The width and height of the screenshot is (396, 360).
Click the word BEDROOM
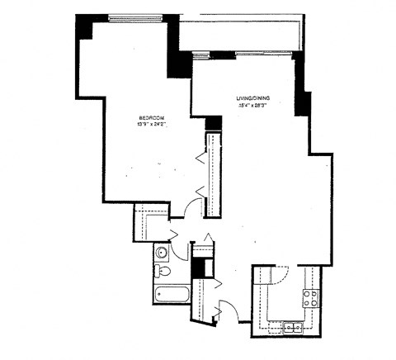tap(152, 119)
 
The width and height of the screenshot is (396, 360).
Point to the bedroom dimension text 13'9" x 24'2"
tap(152, 126)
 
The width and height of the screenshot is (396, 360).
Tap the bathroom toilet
tap(163, 271)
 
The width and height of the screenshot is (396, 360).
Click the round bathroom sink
tap(163, 253)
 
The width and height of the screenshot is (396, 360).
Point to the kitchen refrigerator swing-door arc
tap(281, 275)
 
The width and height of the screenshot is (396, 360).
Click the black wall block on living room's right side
tap(303, 104)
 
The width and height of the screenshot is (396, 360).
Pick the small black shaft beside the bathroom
tap(197, 268)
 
